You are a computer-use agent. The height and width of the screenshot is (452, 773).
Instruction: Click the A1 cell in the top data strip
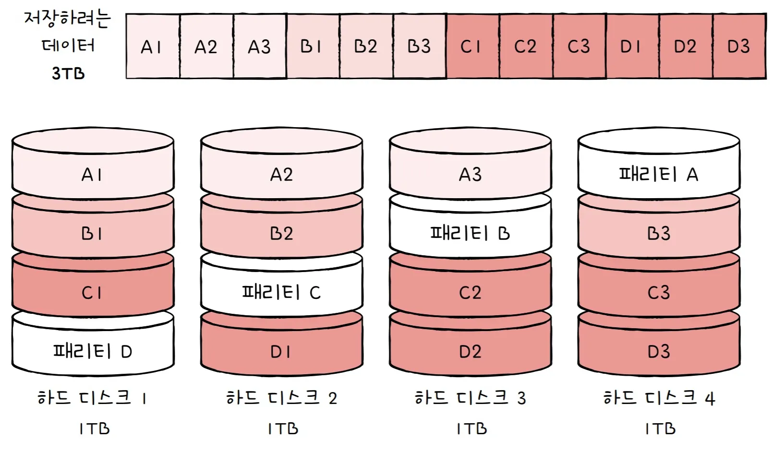click(x=153, y=47)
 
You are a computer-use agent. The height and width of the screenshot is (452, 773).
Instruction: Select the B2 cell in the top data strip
click(x=366, y=47)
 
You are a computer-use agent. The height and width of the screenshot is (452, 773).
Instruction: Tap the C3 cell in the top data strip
click(x=579, y=47)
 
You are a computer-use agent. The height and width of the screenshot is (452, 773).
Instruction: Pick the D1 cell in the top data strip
click(x=632, y=47)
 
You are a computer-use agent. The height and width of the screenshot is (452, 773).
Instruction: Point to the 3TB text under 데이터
click(x=68, y=73)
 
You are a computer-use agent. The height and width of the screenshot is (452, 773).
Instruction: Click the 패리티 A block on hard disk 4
click(x=659, y=174)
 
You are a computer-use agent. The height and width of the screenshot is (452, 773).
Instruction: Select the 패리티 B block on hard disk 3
click(x=470, y=233)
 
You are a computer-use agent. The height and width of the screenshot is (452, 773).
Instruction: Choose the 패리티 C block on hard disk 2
click(x=281, y=292)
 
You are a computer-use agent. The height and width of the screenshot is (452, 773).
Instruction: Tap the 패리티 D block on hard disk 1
click(x=93, y=351)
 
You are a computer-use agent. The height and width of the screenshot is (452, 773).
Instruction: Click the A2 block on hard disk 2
click(x=281, y=174)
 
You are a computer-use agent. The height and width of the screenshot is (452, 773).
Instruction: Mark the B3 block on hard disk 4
click(x=659, y=233)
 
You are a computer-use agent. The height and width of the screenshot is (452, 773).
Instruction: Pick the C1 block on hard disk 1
click(x=93, y=292)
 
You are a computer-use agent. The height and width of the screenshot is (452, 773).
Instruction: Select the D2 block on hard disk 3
click(x=470, y=351)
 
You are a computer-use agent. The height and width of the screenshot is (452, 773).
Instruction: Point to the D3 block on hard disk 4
click(x=659, y=351)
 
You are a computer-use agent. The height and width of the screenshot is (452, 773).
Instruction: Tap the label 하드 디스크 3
click(x=470, y=398)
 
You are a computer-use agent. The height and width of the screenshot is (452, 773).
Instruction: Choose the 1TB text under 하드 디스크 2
click(x=283, y=428)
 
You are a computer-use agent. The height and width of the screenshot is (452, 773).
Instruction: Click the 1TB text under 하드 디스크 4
click(x=660, y=428)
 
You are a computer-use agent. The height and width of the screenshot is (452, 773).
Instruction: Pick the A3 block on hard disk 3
click(x=470, y=174)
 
